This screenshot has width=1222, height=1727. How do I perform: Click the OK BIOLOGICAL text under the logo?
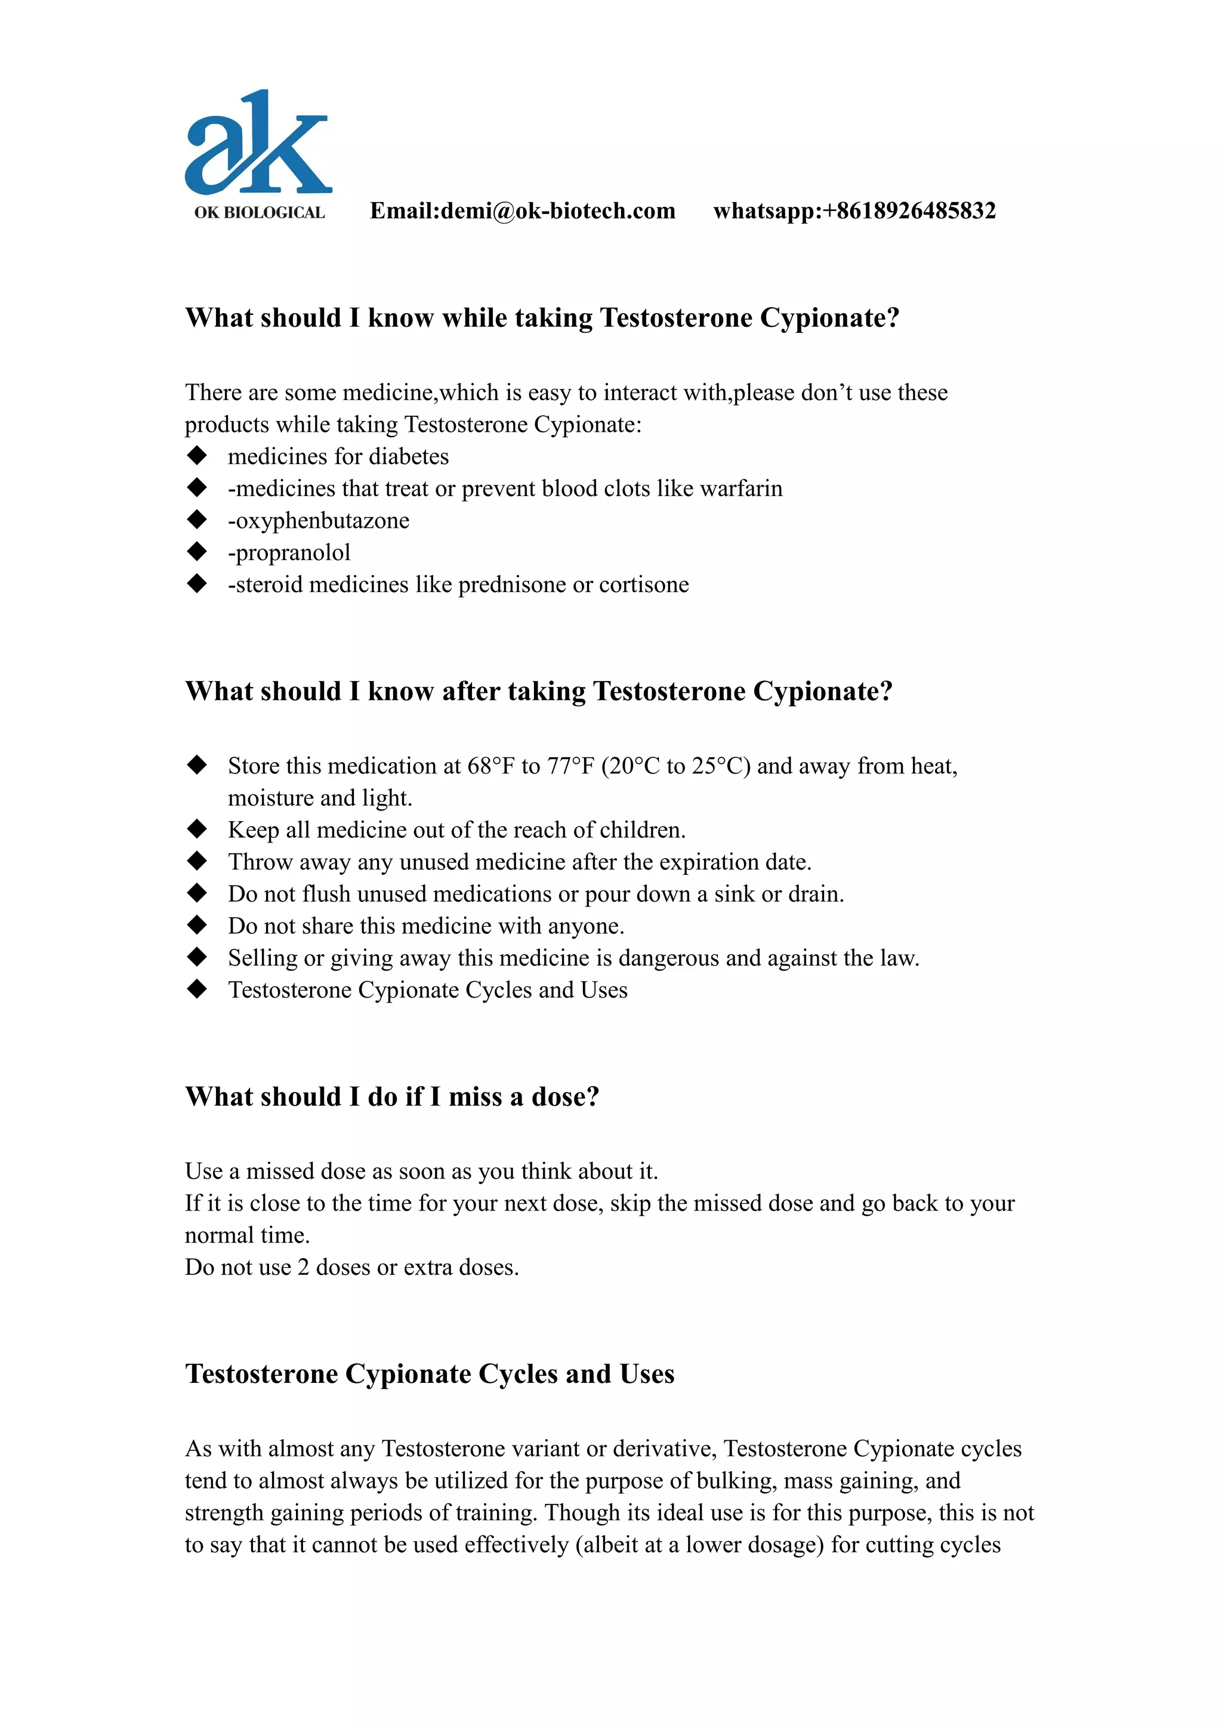pos(260,213)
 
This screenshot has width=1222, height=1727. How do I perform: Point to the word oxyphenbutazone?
pos(322,521)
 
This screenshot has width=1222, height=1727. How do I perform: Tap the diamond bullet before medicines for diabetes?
pos(197,456)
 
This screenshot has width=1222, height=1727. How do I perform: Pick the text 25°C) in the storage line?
pos(721,766)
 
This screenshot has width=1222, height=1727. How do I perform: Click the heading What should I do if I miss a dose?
pos(392,1097)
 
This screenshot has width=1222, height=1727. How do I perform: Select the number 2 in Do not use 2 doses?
pos(303,1267)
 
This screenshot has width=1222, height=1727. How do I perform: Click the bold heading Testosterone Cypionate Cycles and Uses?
pos(430,1373)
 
